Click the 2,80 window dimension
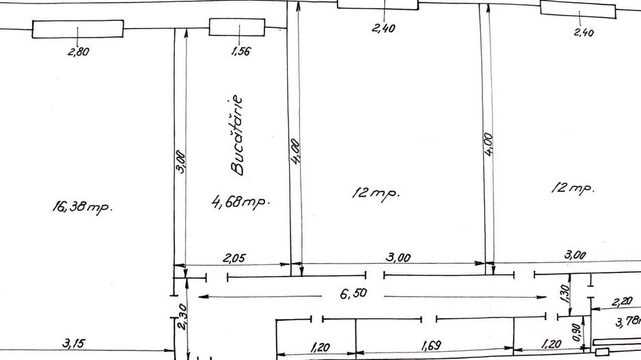click(x=79, y=52)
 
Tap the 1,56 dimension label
click(x=241, y=51)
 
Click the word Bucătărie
click(x=236, y=135)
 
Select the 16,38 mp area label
click(x=82, y=207)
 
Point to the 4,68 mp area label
click(x=241, y=202)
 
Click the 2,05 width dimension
click(x=234, y=258)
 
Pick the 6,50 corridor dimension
click(x=353, y=293)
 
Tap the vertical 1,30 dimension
click(x=564, y=294)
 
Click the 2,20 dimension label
click(x=622, y=302)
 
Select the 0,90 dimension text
click(x=576, y=332)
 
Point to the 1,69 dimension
click(x=431, y=346)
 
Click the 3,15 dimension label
click(x=74, y=343)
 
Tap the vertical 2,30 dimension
click(x=182, y=316)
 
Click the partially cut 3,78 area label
click(x=628, y=322)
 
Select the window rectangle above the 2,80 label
click(x=78, y=29)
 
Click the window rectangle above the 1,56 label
click(x=237, y=27)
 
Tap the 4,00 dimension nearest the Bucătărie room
click(x=296, y=151)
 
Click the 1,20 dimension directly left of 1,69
click(x=320, y=347)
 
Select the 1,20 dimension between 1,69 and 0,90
click(x=551, y=344)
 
